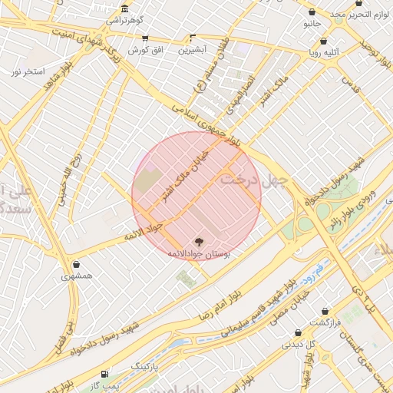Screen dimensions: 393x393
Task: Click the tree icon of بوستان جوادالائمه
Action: [201, 241]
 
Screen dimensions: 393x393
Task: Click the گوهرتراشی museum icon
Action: [124, 8]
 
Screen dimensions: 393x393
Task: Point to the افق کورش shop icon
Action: [145, 38]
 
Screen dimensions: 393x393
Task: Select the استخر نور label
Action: [26, 71]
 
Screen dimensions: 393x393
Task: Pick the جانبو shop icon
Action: [312, 12]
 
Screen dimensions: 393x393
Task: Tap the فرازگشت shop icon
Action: [325, 312]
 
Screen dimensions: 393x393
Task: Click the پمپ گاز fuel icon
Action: [105, 374]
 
